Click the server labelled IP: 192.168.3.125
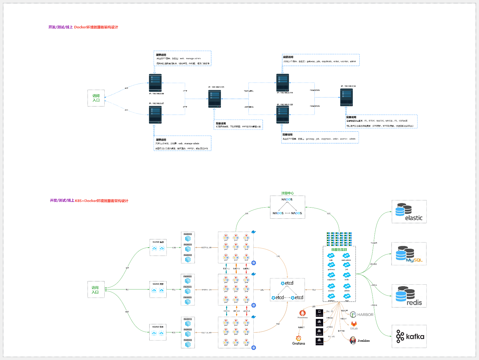point(215,98)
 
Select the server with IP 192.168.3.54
point(346,97)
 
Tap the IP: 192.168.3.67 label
point(156,103)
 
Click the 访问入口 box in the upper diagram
point(96,98)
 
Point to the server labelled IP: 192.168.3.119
point(282,82)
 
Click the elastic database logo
point(409,212)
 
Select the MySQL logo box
point(409,254)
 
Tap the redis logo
point(409,296)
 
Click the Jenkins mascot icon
point(353,340)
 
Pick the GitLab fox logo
point(354,324)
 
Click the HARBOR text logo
point(365,315)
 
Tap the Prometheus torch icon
point(302,313)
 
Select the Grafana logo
point(299,339)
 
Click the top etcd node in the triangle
point(287,283)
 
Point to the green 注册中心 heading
point(287,193)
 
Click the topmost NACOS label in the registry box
point(287,199)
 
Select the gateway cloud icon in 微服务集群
point(331,265)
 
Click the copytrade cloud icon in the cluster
point(331,275)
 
